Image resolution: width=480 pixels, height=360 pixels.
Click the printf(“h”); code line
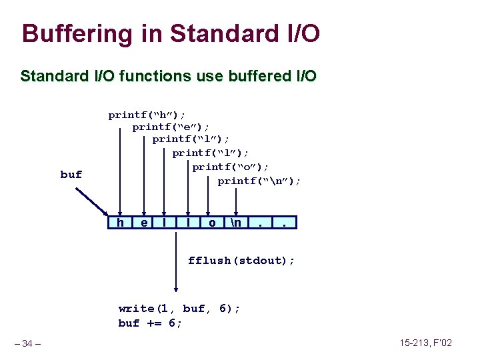[147, 115]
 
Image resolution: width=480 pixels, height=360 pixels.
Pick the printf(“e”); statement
[171, 127]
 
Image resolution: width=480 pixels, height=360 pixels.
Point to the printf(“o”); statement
[231, 167]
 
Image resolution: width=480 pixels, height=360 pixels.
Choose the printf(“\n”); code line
[259, 181]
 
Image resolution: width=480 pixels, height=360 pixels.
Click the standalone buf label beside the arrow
[71, 175]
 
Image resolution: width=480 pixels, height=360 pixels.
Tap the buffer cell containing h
[120, 222]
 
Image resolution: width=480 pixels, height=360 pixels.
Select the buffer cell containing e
[144, 222]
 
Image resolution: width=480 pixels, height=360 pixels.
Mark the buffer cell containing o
[212, 222]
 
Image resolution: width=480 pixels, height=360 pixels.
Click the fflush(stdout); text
[241, 260]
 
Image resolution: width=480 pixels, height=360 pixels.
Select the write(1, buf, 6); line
[179, 308]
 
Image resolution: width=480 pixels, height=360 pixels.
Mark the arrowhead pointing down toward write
[176, 289]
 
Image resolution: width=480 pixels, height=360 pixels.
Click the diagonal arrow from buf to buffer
[93, 201]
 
